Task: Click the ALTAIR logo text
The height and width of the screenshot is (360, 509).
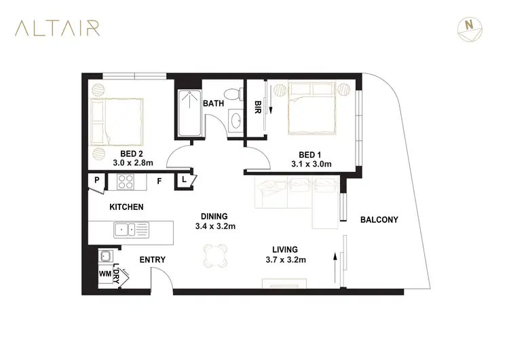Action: coord(59,28)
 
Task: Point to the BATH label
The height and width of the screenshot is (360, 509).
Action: coord(213,103)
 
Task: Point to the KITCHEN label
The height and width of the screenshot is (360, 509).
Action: coord(126,206)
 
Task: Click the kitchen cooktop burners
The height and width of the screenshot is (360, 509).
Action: coord(127,181)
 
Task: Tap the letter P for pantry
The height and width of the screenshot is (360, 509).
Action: coord(97,181)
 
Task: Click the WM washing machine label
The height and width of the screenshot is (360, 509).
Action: coord(105,274)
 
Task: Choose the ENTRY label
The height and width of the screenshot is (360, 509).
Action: coord(152,260)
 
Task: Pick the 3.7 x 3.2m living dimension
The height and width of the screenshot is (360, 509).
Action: coord(286,260)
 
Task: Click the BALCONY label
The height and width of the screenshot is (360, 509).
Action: coord(379,219)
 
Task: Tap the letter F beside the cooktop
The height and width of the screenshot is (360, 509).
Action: coord(159,181)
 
